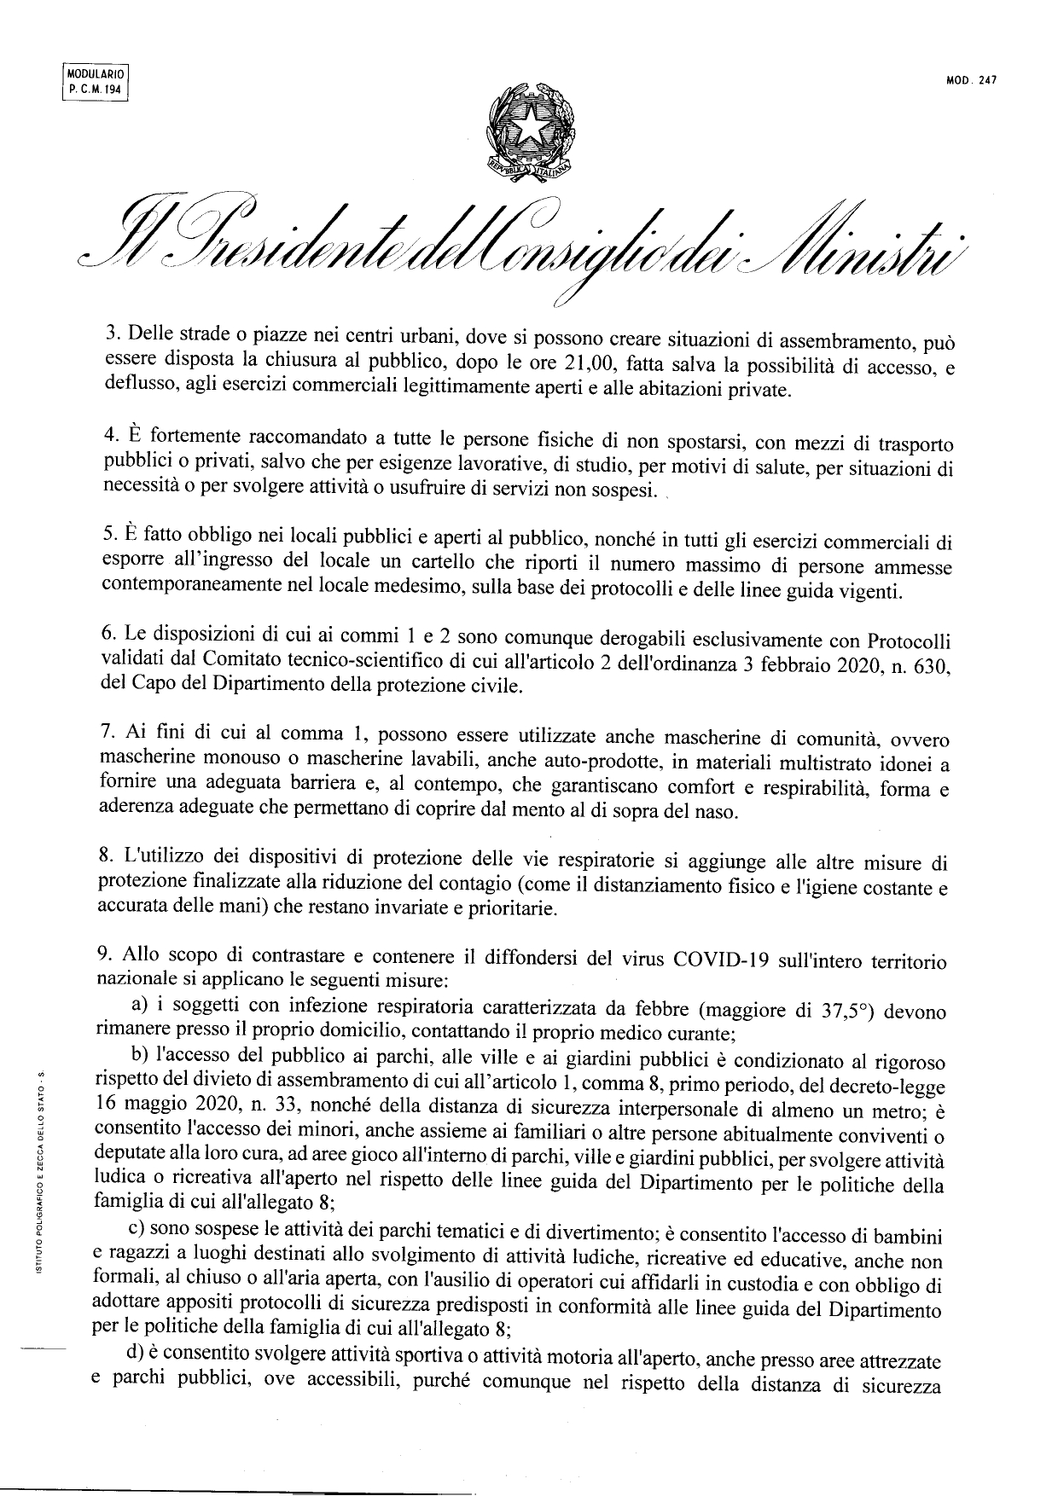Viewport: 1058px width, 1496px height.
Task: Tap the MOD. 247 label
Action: (x=971, y=82)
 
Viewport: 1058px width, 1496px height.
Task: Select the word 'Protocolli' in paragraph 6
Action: (x=909, y=639)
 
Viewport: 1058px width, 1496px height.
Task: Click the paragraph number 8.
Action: (x=108, y=860)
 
